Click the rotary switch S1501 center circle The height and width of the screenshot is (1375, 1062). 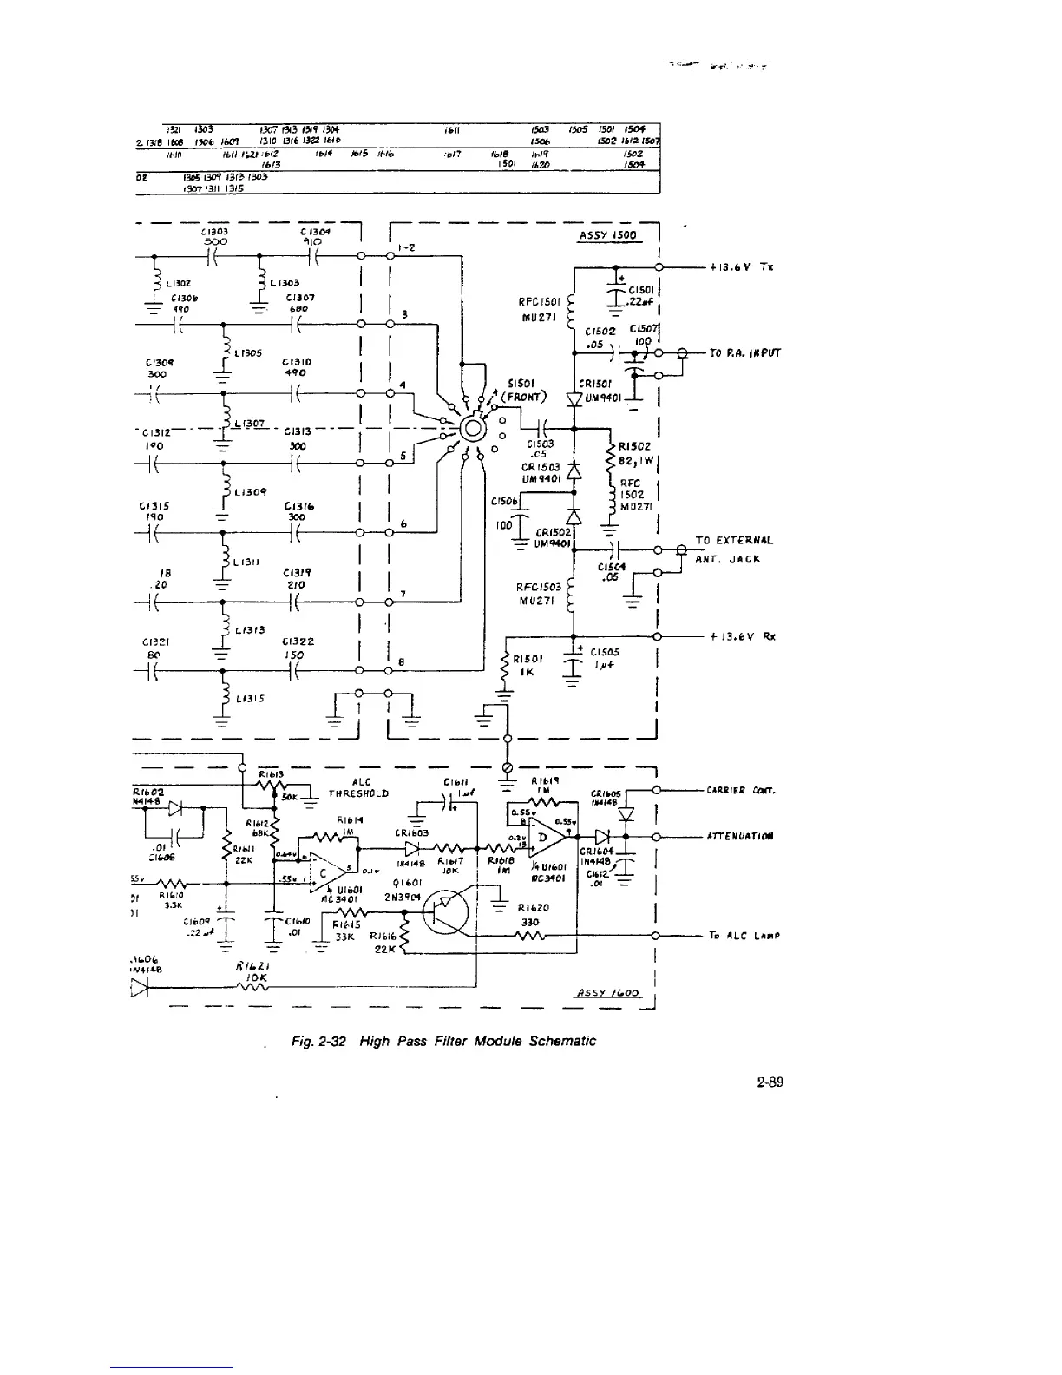474,428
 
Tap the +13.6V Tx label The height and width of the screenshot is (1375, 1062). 734,266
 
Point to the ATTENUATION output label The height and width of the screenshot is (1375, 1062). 739,836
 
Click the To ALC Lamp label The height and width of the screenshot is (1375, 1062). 738,936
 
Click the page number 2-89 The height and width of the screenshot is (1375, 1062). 770,1082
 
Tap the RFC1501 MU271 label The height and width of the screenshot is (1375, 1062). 543,309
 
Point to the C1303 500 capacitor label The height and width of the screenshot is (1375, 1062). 213,238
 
